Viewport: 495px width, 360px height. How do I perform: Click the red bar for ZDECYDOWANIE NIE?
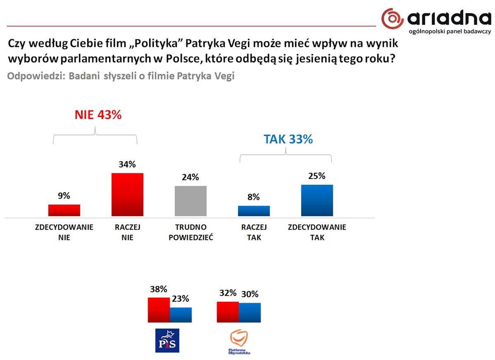(64, 210)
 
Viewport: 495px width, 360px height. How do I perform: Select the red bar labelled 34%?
(127, 194)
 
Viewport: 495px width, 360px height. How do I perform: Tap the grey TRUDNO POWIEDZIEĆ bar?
(190, 201)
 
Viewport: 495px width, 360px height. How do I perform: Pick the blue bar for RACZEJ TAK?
(254, 211)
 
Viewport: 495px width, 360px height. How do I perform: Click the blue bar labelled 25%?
(317, 200)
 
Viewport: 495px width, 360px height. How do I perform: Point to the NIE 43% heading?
(98, 115)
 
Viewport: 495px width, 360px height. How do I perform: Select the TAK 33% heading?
(288, 139)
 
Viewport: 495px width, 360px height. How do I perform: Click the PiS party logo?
(167, 340)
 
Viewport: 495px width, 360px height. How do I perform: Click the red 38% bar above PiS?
(159, 310)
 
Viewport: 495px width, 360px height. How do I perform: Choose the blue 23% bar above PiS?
(181, 315)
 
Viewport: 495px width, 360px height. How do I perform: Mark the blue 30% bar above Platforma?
(250, 312)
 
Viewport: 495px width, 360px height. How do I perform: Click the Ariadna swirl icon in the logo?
(392, 18)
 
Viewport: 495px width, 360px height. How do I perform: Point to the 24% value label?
(190, 177)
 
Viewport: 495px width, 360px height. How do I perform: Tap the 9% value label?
(64, 195)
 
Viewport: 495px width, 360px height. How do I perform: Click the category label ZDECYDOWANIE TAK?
(317, 232)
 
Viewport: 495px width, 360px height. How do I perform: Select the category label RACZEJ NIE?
(127, 232)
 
